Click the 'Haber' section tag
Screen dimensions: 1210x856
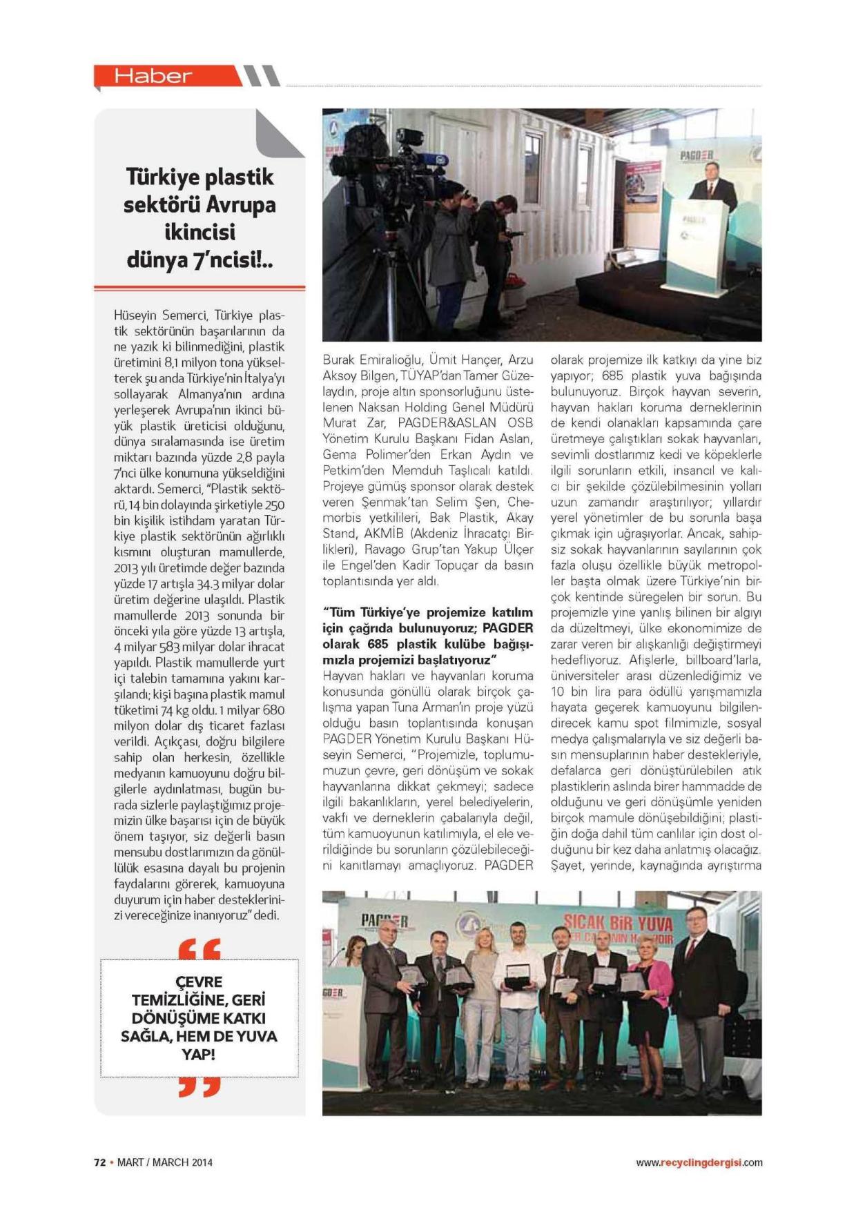[153, 76]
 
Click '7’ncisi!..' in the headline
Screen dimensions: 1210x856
[236, 260]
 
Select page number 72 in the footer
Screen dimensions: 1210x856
[99, 1162]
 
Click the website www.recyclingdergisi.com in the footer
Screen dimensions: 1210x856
[699, 1162]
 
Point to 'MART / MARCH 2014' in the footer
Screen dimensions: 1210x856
[164, 1162]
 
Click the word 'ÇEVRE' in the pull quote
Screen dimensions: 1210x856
[199, 982]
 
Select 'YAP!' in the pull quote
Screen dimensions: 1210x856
[199, 1055]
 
